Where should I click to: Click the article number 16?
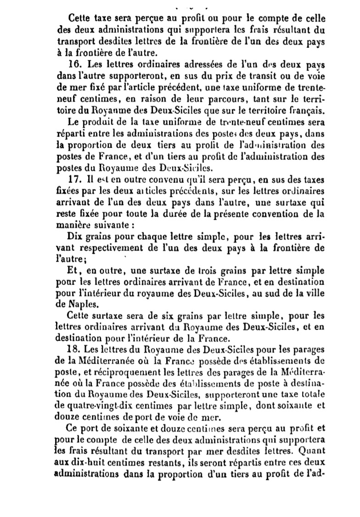[72, 64]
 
